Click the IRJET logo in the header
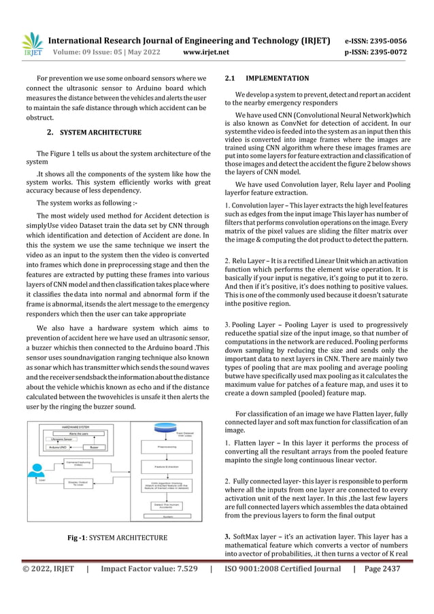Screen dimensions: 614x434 (32, 45)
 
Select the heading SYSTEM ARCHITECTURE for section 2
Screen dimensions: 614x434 (101, 132)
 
